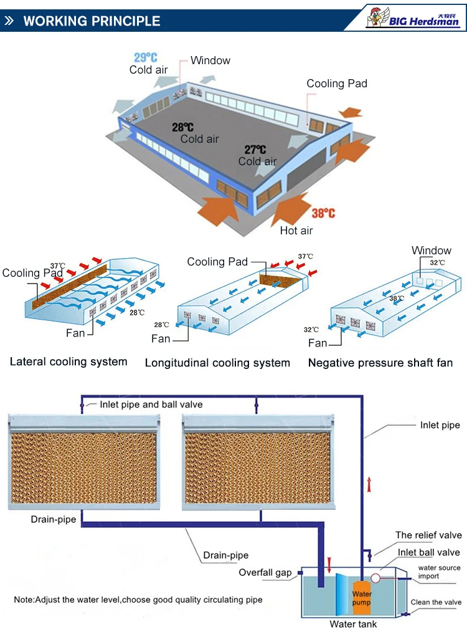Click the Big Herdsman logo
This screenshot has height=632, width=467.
tap(412, 17)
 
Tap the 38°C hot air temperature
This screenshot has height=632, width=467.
tap(323, 213)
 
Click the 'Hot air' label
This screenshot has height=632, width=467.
tap(296, 231)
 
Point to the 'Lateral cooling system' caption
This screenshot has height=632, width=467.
tap(68, 361)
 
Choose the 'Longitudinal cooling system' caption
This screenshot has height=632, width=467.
tap(217, 363)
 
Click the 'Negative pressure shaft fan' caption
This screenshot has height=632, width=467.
tap(380, 363)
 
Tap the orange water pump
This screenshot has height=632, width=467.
tap(362, 595)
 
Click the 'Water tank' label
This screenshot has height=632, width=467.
tap(353, 624)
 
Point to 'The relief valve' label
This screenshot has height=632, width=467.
tap(428, 535)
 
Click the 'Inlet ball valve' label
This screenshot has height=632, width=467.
tap(428, 552)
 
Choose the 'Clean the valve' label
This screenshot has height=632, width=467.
tap(436, 602)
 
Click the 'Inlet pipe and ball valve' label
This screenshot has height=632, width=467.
tap(151, 405)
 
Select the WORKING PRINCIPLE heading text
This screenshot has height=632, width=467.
tap(92, 21)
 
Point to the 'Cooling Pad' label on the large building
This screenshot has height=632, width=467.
tap(337, 84)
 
